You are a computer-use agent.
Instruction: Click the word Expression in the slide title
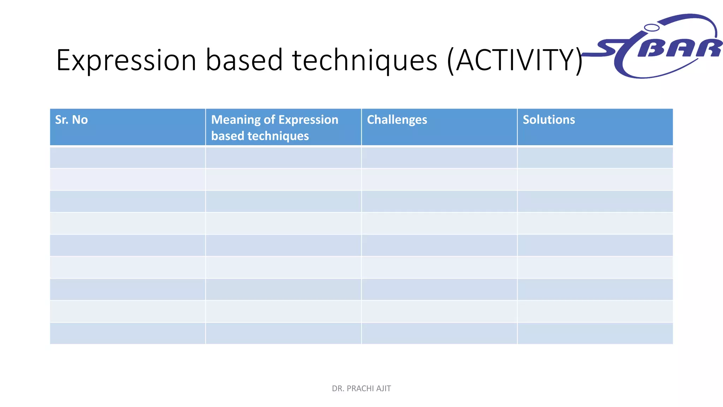[x=126, y=61]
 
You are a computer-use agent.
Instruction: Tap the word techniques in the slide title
[x=365, y=61]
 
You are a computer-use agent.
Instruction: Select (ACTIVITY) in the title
[x=515, y=61]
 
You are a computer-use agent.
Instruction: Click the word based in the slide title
[x=244, y=60]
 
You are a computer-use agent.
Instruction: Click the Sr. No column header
[x=72, y=120]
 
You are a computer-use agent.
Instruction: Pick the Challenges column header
[x=397, y=120]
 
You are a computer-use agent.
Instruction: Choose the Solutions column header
[x=549, y=120]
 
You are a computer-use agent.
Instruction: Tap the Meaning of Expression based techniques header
[x=274, y=128]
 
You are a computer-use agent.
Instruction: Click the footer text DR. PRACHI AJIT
[x=361, y=389]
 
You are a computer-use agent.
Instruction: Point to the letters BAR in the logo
[x=680, y=48]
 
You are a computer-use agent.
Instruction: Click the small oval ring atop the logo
[x=651, y=28]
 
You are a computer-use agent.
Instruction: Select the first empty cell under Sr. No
[x=127, y=158]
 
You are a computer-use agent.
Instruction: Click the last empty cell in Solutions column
[x=595, y=333]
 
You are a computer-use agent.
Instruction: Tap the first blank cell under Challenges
[x=439, y=158]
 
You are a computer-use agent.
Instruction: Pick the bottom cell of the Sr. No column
[x=127, y=333]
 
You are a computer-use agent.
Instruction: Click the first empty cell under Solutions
[x=595, y=158]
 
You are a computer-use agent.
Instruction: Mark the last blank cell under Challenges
[x=439, y=333]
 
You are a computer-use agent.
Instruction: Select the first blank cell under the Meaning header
[x=283, y=158]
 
